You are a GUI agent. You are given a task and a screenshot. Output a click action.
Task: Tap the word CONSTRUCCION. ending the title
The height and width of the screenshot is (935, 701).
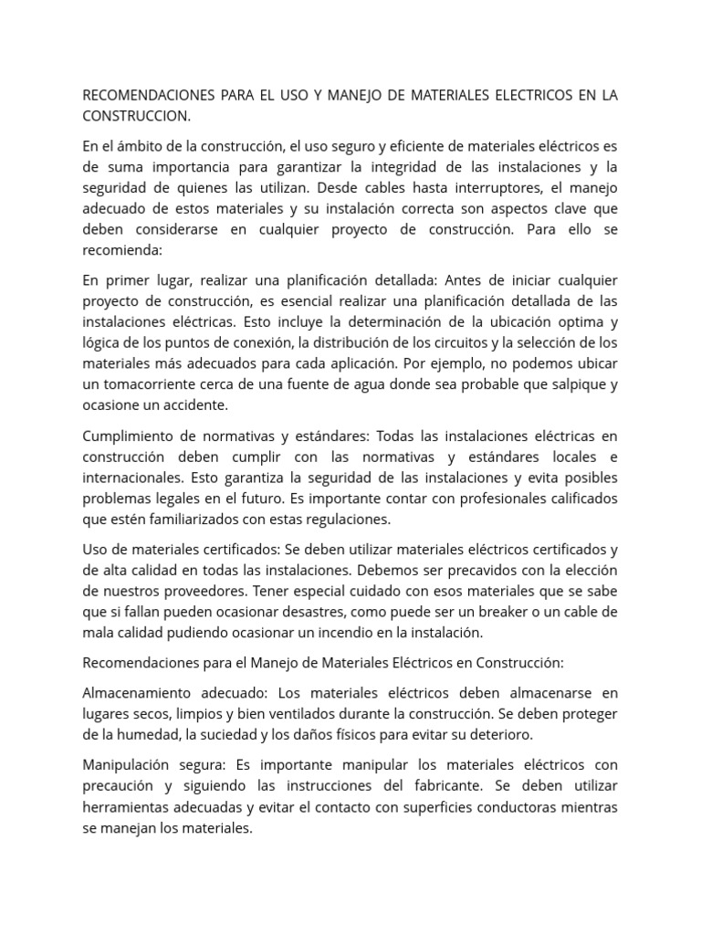click(x=137, y=116)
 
